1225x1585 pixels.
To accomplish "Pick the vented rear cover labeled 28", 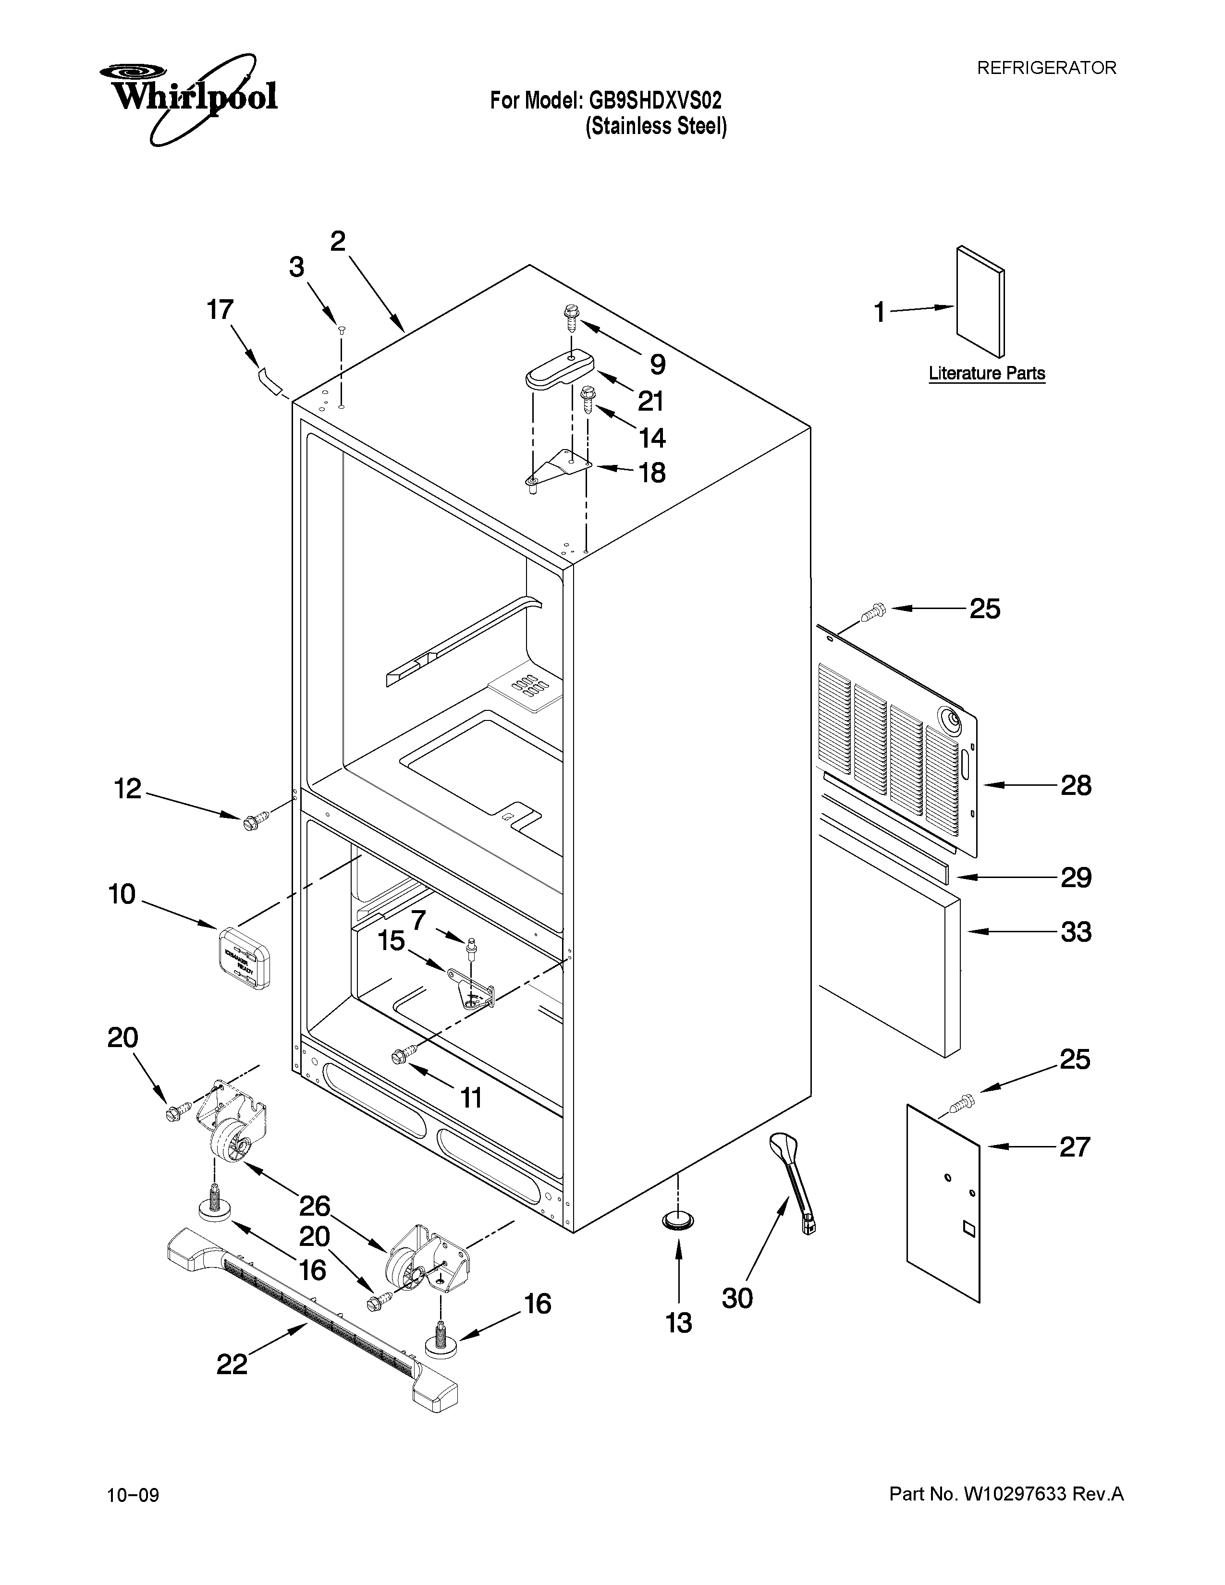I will pos(900,747).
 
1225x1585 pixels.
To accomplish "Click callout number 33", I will pos(1076,932).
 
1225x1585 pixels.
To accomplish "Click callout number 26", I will pos(315,1206).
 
